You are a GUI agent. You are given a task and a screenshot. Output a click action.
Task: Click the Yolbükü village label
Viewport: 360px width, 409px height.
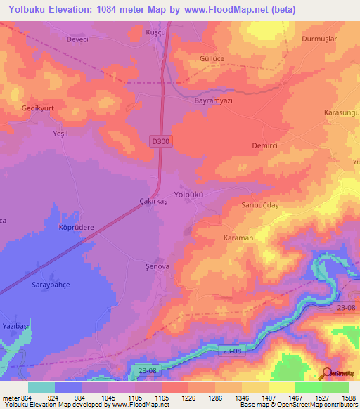pyautogui.click(x=188, y=195)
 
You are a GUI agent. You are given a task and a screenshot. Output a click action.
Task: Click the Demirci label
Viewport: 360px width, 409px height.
pyautogui.click(x=266, y=145)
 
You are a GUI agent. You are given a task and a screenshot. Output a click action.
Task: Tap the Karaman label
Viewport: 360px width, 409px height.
pyautogui.click(x=238, y=238)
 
